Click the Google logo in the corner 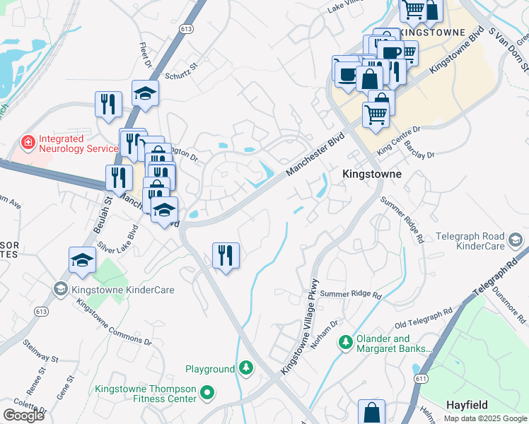pyautogui.click(x=23, y=416)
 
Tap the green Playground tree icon pyautogui.click(x=245, y=368)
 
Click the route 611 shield pyautogui.click(x=422, y=379)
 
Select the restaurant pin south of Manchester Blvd pyautogui.click(x=226, y=255)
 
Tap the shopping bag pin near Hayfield pyautogui.click(x=371, y=413)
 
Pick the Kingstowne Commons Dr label pyautogui.click(x=114, y=323)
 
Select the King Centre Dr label pyautogui.click(x=399, y=139)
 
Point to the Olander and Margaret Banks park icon pyautogui.click(x=344, y=343)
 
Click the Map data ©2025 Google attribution pyautogui.click(x=485, y=418)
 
